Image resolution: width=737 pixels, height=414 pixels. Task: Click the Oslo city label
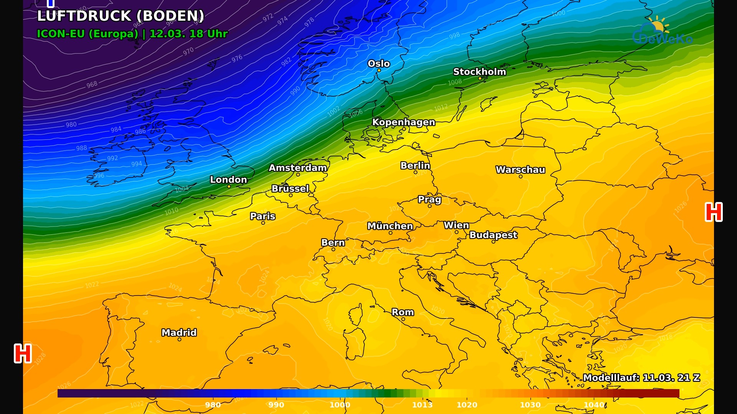(378, 64)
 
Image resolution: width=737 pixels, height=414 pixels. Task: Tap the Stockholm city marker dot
(480, 79)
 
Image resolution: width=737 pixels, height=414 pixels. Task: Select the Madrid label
(179, 332)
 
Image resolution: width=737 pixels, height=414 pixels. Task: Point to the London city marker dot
(229, 187)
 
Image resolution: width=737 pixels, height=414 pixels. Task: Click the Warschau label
(520, 169)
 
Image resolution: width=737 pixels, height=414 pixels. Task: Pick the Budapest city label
(493, 235)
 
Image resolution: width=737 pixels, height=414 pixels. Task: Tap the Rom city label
(403, 312)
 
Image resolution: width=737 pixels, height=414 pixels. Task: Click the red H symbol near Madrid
(23, 353)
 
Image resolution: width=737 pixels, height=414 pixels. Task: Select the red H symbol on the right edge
(714, 212)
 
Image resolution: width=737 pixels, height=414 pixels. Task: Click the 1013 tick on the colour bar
(422, 405)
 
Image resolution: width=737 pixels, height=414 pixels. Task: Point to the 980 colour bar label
(213, 405)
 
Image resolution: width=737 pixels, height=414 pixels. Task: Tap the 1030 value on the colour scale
(530, 405)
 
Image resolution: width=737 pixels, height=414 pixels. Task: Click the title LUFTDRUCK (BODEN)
(121, 16)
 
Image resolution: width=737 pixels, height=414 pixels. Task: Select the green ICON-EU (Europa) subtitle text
(88, 34)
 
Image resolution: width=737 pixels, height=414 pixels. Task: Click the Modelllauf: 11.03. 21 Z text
(641, 378)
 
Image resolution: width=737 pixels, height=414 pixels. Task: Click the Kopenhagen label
(403, 122)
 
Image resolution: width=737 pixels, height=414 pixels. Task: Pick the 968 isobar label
(92, 84)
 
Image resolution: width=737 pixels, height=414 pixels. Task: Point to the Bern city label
(333, 243)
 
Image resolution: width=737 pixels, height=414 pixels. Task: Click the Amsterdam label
(297, 168)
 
